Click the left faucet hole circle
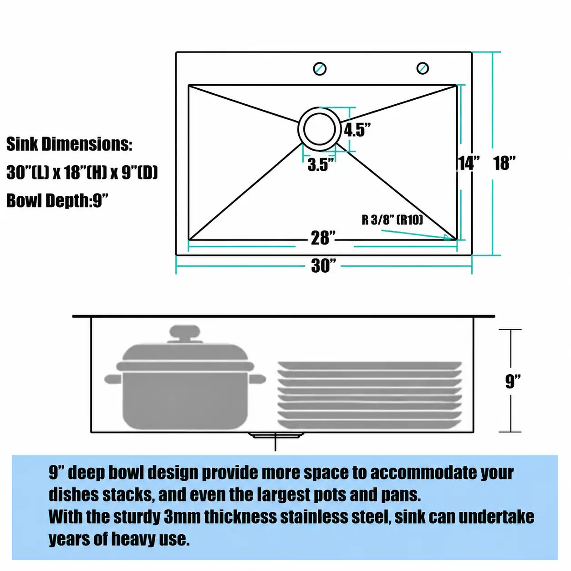coord(320,69)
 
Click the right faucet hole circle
coord(422,68)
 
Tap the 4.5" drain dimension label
coord(357,130)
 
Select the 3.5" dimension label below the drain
coord(321,165)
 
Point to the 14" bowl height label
coord(469,163)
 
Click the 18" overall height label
coord(505,163)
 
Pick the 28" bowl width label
coord(323,238)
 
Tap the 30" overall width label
coord(323,265)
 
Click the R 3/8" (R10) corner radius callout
coord(392,220)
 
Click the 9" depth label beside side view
coord(513,382)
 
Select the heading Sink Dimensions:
coord(69,144)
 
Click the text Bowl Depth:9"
coord(57,201)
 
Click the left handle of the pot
coord(113,379)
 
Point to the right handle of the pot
coord(257,379)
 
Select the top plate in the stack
coord(369,366)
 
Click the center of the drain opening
coord(319,129)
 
